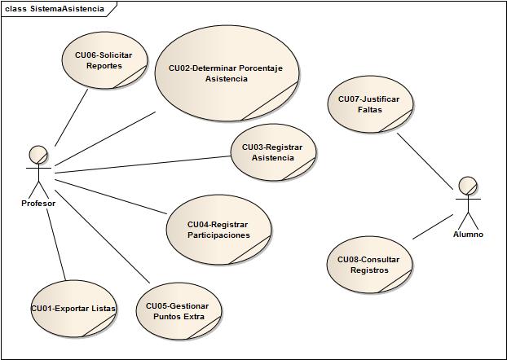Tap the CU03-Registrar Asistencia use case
coord(272,152)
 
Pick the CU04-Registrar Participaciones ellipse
coord(218,230)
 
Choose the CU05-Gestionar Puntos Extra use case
coord(177,311)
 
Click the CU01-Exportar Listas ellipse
coord(73,309)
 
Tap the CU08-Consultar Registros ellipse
coord(374,265)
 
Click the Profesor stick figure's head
coord(37,154)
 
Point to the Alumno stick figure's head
coord(467,185)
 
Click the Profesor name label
coord(38,203)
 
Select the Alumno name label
coord(468,235)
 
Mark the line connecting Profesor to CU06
coord(72,116)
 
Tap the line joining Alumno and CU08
coord(432,227)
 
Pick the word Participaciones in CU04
coord(218,235)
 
